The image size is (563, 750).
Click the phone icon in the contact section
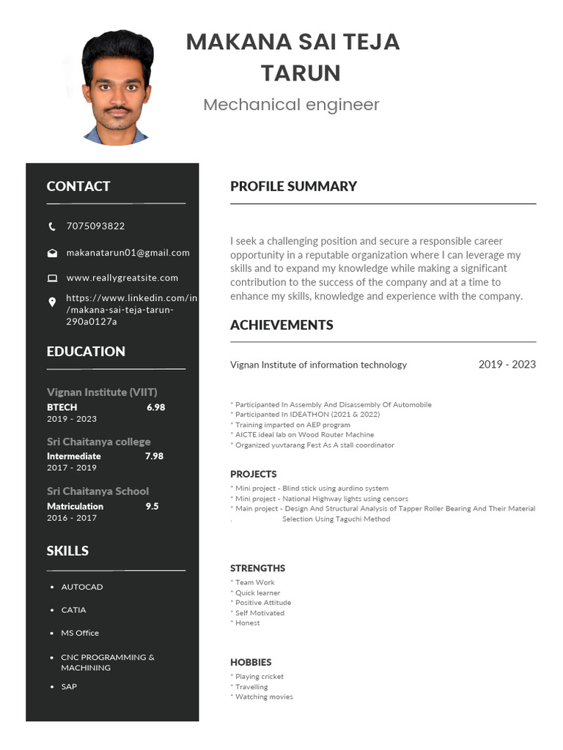point(52,226)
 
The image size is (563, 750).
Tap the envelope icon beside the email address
point(52,253)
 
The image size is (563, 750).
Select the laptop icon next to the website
point(52,278)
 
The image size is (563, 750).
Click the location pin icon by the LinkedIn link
point(52,302)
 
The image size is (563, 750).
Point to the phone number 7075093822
point(95,226)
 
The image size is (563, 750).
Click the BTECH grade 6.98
point(155,407)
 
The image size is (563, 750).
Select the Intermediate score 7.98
point(154,456)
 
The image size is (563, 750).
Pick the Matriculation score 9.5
point(152,506)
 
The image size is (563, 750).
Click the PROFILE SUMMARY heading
point(293,186)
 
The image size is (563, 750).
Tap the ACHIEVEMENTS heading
point(281,324)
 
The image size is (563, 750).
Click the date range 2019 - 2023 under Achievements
point(507,364)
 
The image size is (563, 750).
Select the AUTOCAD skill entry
point(82,587)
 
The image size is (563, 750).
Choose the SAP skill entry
point(69,687)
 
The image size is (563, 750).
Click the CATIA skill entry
point(73,610)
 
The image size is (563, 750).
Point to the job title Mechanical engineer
point(291,105)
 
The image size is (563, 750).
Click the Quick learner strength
point(257,593)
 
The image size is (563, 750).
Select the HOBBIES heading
point(251,662)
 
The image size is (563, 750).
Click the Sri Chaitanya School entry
point(97,491)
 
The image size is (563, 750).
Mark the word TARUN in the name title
point(301,73)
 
